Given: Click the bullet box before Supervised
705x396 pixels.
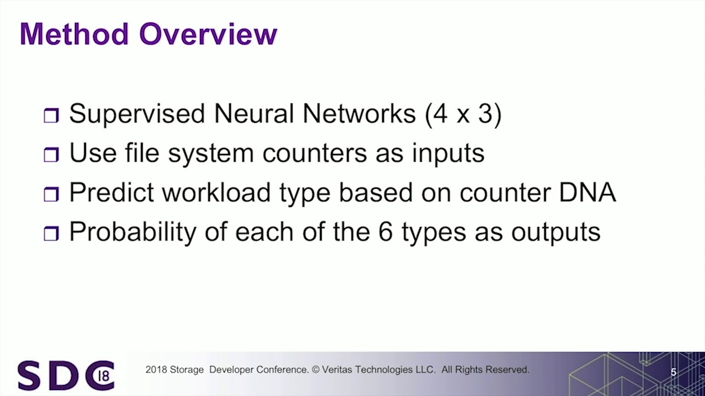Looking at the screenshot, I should pos(51,116).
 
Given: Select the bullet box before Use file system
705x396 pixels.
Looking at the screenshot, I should pos(51,155).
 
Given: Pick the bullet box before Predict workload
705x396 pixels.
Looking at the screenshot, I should pos(51,194).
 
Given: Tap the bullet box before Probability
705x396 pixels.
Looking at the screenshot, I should pos(51,234).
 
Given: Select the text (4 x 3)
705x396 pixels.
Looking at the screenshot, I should pos(463,114).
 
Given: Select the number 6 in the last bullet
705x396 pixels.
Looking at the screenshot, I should pos(385,232).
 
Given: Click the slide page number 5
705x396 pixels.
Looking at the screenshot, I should pos(673,372).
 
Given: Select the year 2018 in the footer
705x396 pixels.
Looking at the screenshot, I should pos(155,370).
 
